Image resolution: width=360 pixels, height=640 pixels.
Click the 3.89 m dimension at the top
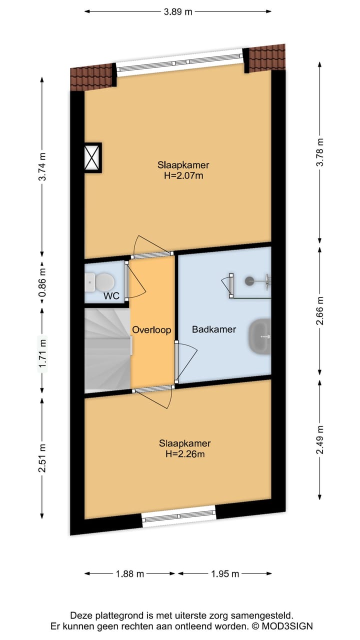(177, 12)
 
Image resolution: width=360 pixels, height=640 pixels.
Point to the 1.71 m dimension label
(42, 354)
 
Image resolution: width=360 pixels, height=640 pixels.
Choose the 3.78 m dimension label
(320, 151)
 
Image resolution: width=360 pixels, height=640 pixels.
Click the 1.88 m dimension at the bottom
(129, 573)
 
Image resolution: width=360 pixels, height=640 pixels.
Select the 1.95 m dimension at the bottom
(225, 573)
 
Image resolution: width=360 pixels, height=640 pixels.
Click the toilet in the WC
(99, 282)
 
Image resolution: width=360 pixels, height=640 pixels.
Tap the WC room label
(111, 296)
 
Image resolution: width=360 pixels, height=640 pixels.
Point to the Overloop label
(151, 330)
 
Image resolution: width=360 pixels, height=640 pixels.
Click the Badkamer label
(214, 329)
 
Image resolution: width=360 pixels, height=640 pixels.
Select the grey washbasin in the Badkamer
(259, 336)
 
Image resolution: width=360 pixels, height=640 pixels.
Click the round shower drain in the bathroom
(249, 281)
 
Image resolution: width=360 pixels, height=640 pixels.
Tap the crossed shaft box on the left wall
(93, 157)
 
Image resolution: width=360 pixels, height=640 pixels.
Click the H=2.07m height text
(183, 175)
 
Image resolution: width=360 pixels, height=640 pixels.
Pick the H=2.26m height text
(185, 453)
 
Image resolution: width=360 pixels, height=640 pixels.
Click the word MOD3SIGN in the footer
(287, 626)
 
